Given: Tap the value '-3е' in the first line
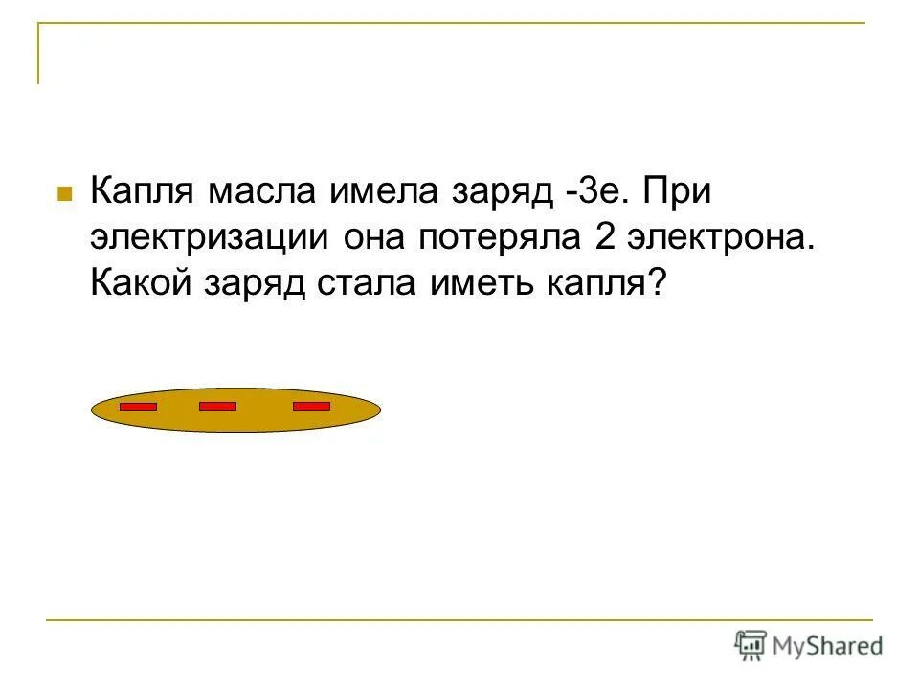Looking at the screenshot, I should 593,191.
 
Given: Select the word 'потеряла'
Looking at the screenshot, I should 498,237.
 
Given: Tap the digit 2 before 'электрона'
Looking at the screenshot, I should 603,237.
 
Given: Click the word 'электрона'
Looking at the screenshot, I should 719,237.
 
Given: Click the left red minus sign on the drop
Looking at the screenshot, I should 138,407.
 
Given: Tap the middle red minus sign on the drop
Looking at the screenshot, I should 217,407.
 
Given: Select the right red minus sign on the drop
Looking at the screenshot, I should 311,407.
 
